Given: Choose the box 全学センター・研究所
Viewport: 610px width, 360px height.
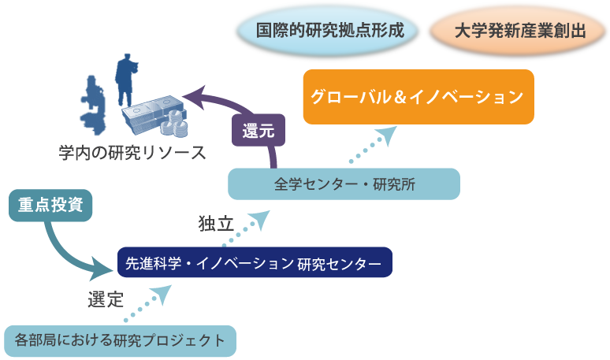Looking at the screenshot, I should pos(344,184).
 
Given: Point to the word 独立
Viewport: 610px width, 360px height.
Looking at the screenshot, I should pos(214,225).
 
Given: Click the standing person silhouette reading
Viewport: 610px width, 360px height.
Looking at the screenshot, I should pos(125,79).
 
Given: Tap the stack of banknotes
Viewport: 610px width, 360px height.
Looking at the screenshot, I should pos(149,113).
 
